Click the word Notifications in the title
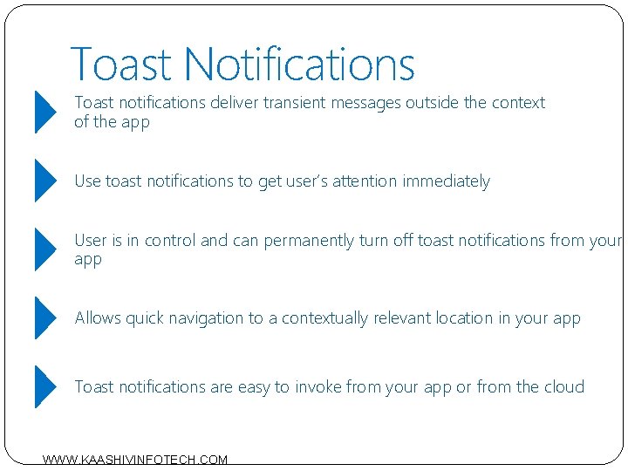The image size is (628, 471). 299,64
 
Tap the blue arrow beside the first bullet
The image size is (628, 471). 44,112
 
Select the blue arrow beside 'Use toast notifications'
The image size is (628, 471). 44,181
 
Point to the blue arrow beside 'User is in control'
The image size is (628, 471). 44,249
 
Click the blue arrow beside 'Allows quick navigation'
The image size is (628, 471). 44,317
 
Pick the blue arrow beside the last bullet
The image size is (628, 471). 44,386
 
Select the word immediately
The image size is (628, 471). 446,181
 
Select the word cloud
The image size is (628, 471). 562,387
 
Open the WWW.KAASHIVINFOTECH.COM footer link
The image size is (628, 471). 135,460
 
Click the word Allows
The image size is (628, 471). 98,318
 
